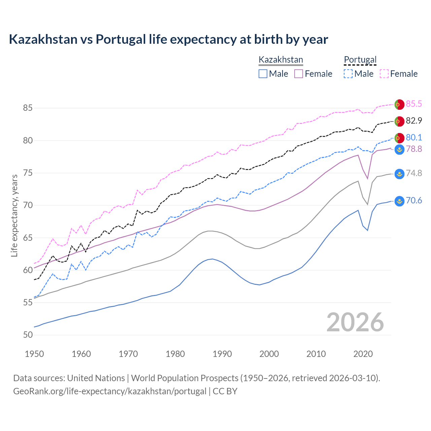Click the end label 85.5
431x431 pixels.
[x=413, y=104]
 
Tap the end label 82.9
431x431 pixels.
[x=413, y=121]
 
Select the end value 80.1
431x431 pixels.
[x=413, y=137]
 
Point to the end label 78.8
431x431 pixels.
[x=413, y=149]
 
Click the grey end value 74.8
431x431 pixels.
[x=413, y=173]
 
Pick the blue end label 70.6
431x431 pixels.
[x=413, y=201]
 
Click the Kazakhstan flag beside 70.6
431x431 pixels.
[x=399, y=201]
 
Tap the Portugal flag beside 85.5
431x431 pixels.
[x=399, y=104]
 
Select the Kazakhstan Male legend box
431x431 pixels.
[x=263, y=74]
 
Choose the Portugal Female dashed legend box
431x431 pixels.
[x=384, y=74]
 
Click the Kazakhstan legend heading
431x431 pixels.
[x=281, y=60]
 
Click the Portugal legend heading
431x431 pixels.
[x=360, y=60]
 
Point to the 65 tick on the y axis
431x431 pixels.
[x=28, y=238]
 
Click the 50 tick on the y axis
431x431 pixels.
[x=28, y=335]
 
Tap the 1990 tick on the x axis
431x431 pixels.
[x=222, y=354]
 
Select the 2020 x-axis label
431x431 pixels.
[x=363, y=354]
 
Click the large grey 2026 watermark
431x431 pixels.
[x=355, y=322]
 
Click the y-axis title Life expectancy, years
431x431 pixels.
[x=14, y=215]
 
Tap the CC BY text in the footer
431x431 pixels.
[x=225, y=391]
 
